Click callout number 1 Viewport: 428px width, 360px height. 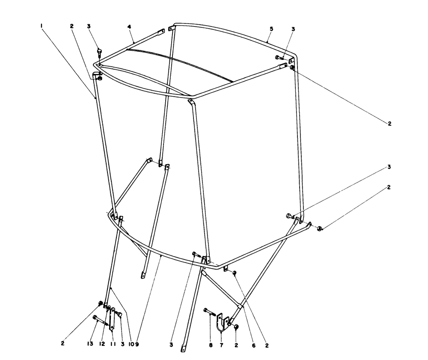pyautogui.click(x=41, y=26)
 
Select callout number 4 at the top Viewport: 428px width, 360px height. pyautogui.click(x=129, y=27)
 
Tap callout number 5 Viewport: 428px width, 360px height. pyautogui.click(x=271, y=29)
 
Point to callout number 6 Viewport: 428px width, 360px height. pyautogui.click(x=253, y=345)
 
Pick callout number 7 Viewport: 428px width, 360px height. pyautogui.click(x=221, y=345)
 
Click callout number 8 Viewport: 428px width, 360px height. pyautogui.click(x=211, y=345)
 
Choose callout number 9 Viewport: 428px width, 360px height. pyautogui.click(x=137, y=345)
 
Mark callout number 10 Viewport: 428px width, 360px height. pyautogui.click(x=131, y=345)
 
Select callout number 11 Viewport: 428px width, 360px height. pyautogui.click(x=113, y=344)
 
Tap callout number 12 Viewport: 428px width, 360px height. pyautogui.click(x=102, y=344)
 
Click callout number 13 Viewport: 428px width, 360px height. pyautogui.click(x=90, y=344)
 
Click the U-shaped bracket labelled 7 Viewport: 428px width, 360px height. pyautogui.click(x=222, y=322)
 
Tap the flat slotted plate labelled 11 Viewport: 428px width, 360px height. pyautogui.click(x=112, y=319)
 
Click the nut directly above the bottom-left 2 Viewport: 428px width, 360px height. pyautogui.click(x=101, y=303)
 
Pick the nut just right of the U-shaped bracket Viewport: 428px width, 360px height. pyautogui.click(x=237, y=327)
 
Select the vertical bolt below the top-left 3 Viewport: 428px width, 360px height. pyautogui.click(x=99, y=53)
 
